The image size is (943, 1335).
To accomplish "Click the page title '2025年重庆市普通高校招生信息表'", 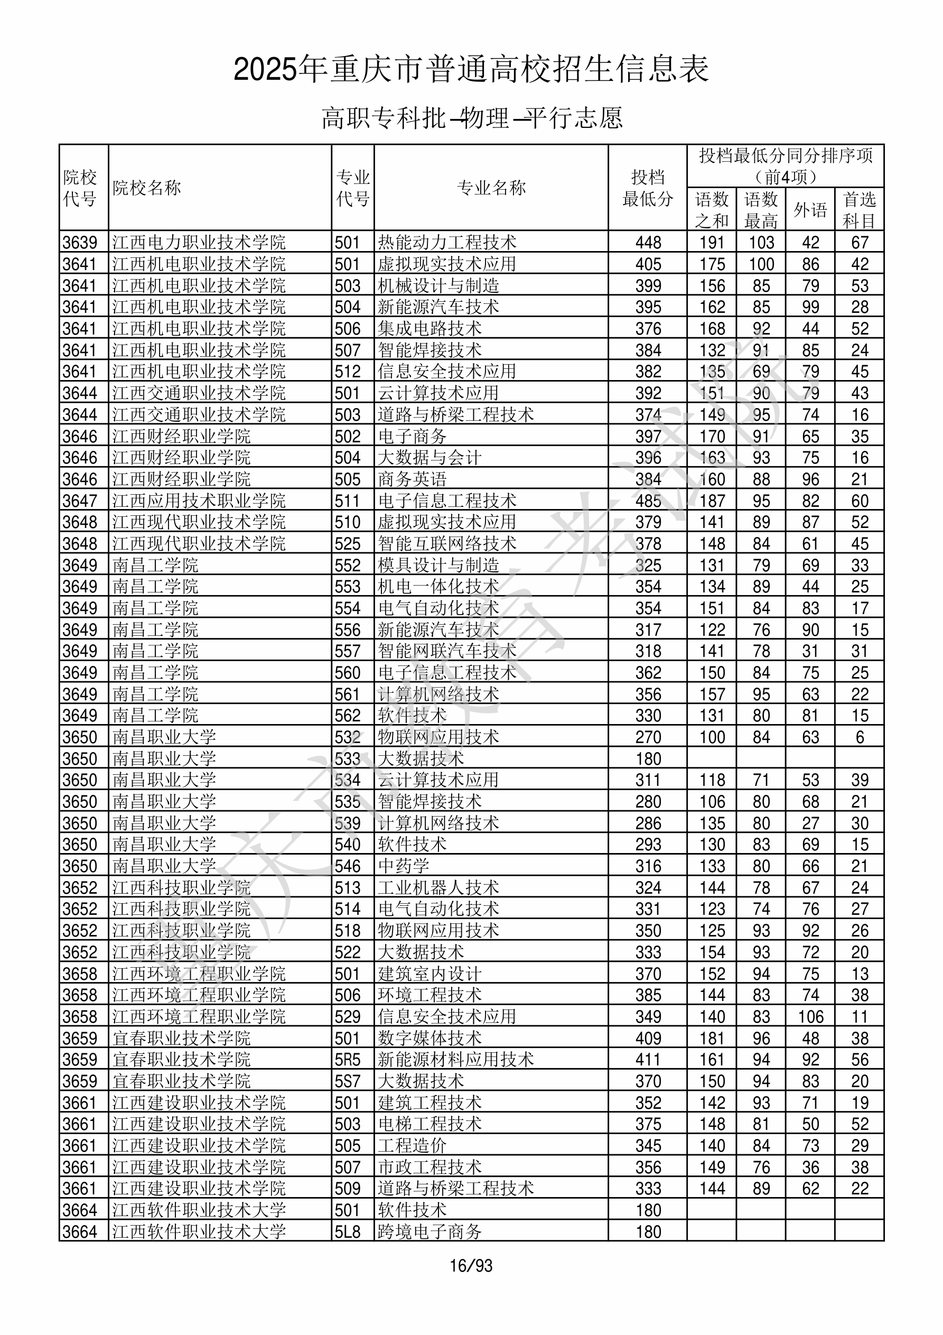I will pos(471,70).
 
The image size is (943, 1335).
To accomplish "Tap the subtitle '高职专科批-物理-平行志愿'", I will pos(471,118).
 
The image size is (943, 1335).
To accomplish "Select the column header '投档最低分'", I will pos(647,188).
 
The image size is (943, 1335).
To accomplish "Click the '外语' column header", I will pos(810,210).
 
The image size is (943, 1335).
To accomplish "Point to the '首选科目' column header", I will pos(860,210).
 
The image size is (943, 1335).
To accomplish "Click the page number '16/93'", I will pos(471,1265).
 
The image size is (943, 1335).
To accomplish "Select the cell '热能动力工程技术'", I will pos(447,243).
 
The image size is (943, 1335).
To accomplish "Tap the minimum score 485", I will pos(648,500).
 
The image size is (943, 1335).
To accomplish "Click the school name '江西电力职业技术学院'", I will pos(199,243).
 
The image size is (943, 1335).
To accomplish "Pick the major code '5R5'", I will pos(348,1060).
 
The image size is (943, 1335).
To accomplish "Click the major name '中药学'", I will pos(404,866).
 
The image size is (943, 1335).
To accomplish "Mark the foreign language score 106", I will pos(810,1016).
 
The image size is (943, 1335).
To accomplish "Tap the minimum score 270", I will pos(648,737).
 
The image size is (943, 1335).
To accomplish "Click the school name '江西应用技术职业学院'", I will pos(199,500).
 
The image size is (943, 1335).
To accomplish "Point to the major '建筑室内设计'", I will pos(430,974).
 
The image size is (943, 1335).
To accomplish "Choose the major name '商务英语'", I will pos(412,479).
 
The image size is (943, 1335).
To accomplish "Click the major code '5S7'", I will pos(348,1081).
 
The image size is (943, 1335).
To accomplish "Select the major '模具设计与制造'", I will pos(438,565).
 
